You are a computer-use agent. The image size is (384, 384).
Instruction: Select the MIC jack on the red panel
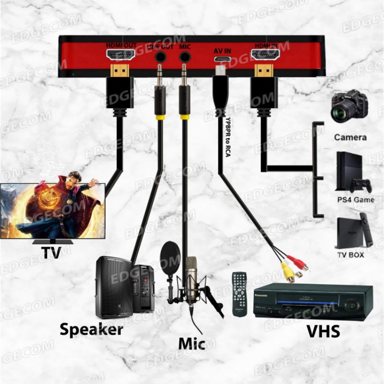coord(184,57)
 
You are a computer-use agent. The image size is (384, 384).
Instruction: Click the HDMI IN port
coord(265,55)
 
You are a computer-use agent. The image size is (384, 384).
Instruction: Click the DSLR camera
coord(349,107)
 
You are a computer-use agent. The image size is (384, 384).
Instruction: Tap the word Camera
coord(350,137)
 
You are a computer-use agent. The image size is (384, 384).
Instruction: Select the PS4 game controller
coord(360,184)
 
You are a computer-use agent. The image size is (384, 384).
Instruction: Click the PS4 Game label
coord(355,199)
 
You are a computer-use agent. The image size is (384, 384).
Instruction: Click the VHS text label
coord(324,331)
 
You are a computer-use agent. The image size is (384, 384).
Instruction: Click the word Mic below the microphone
coord(192,344)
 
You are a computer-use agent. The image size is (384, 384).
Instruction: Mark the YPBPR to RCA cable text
coord(228,139)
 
